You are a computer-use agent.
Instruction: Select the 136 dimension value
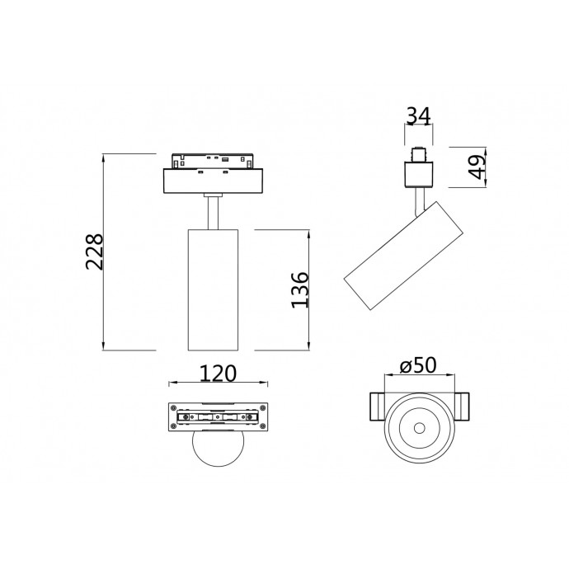click(300, 289)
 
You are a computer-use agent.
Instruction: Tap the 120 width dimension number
click(218, 374)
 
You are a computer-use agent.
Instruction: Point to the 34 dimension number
click(420, 116)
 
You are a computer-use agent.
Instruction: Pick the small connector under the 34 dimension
click(419, 154)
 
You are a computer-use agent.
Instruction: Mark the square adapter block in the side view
click(419, 175)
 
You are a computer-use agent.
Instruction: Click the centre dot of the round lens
click(419, 428)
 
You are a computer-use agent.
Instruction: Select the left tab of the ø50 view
click(373, 407)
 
